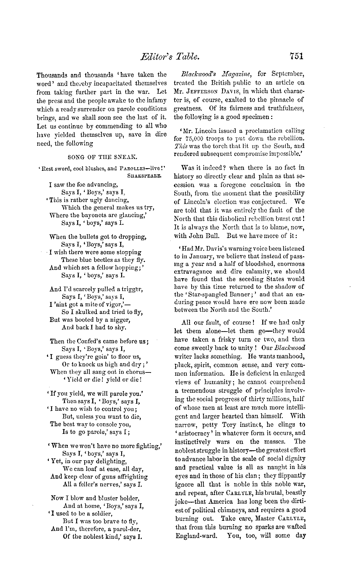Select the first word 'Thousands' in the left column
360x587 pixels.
pyautogui.click(x=52, y=75)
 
